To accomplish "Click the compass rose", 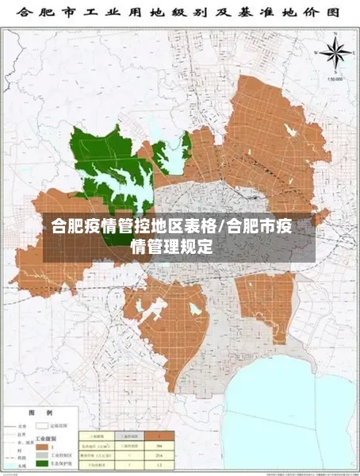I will (x=337, y=55).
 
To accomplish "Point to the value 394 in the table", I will (x=158, y=445).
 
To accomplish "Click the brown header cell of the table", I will (x=158, y=436).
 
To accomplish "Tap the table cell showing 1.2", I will (x=158, y=466).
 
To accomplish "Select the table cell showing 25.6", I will (x=158, y=455).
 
